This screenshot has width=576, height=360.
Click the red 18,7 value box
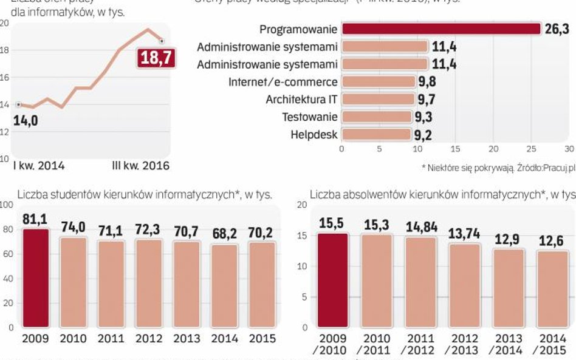pyautogui.click(x=156, y=58)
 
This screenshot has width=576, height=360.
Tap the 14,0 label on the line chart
pyautogui.click(x=26, y=120)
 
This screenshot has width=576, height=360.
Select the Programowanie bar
pyautogui.click(x=441, y=29)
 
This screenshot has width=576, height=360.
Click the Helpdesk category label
pyautogui.click(x=314, y=134)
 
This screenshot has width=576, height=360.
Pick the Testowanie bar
pyautogui.click(x=377, y=117)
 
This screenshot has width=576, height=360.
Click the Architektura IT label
pyautogui.click(x=301, y=99)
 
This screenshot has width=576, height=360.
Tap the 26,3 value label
pyautogui.click(x=557, y=29)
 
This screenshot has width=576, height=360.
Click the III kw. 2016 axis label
pyautogui.click(x=141, y=165)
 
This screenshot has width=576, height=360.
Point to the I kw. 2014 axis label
pyautogui.click(x=39, y=165)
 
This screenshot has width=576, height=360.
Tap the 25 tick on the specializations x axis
pyautogui.click(x=531, y=149)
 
